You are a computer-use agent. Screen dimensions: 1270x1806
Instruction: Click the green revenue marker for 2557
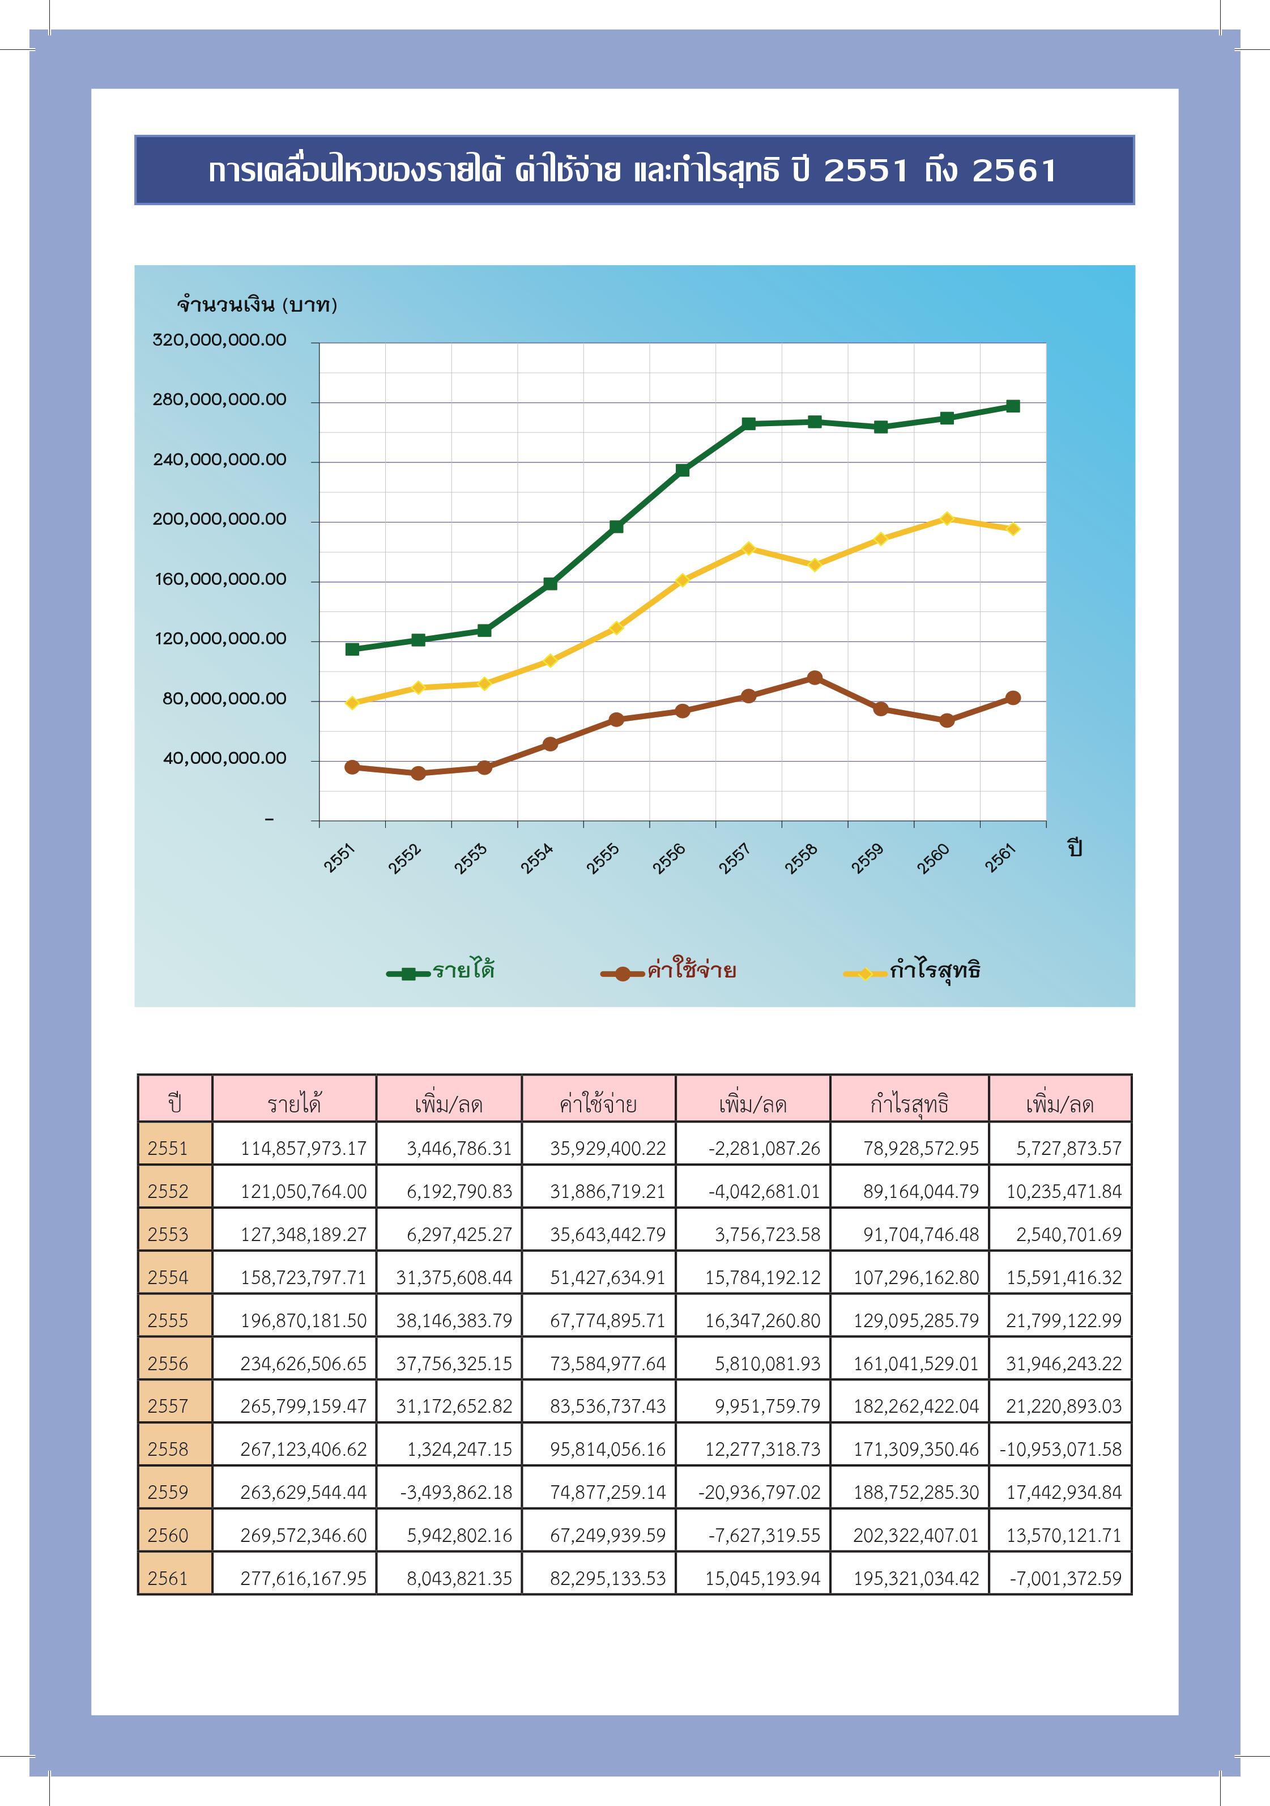pos(749,424)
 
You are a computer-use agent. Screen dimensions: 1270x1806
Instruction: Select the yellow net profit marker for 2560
pos(947,519)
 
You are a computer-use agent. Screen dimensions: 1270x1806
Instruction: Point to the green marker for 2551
pos(352,649)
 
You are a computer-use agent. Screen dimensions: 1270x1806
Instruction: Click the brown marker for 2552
pos(419,773)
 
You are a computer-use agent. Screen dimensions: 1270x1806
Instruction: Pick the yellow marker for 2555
pos(616,628)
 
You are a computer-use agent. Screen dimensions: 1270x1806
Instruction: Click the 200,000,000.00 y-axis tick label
pos(219,519)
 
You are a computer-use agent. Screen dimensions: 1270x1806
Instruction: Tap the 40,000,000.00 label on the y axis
pos(224,758)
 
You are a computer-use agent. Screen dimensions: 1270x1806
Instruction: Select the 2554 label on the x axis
pos(536,858)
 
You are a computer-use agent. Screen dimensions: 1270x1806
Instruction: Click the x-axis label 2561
pos(1000,858)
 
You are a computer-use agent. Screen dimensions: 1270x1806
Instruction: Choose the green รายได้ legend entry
pos(440,971)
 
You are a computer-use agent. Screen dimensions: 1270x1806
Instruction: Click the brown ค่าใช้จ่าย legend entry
pos(668,971)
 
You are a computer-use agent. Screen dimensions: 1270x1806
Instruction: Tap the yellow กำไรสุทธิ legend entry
pos(912,971)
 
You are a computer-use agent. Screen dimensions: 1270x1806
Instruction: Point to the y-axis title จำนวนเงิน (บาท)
pos(257,304)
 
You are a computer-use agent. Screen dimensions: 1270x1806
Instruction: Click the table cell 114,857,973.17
pos(304,1149)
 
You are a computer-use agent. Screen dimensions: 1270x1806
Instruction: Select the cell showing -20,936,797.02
pos(759,1492)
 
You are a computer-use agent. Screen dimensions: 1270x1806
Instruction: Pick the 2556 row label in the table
pos(168,1363)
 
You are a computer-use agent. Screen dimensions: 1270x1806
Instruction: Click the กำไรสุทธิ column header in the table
pos(909,1103)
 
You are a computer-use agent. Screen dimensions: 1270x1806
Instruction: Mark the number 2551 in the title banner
pos(866,171)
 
